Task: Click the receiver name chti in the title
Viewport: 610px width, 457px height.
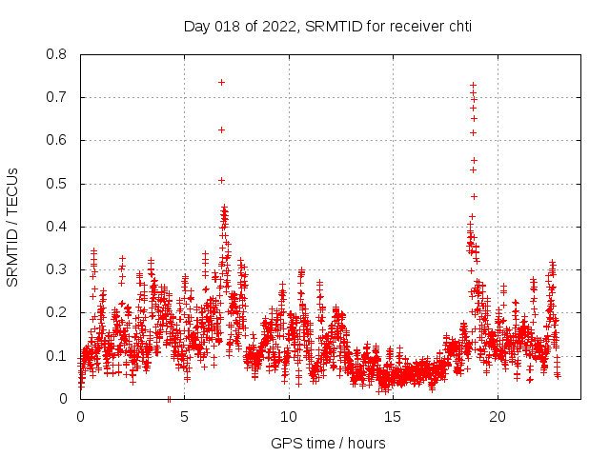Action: click(x=456, y=27)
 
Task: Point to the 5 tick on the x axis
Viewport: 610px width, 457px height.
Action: click(x=185, y=418)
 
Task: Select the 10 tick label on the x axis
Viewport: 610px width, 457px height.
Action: click(x=289, y=418)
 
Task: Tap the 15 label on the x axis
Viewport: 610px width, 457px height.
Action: click(x=394, y=418)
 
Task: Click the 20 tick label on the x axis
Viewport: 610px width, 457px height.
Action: click(x=498, y=418)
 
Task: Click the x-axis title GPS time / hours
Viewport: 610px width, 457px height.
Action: click(x=328, y=443)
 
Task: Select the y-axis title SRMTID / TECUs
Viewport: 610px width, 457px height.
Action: click(x=13, y=227)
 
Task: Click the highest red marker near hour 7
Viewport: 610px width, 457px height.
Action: click(x=221, y=82)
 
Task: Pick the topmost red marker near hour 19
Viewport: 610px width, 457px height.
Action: click(x=473, y=85)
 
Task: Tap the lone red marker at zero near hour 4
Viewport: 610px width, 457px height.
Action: click(x=169, y=398)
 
